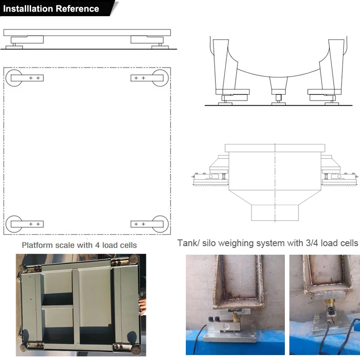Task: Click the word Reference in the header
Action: (77, 9)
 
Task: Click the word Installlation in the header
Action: (28, 9)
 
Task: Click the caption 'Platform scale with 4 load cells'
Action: (79, 245)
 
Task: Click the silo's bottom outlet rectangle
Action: (274, 212)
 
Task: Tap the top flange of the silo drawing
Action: (274, 148)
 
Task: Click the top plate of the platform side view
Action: (87, 32)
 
